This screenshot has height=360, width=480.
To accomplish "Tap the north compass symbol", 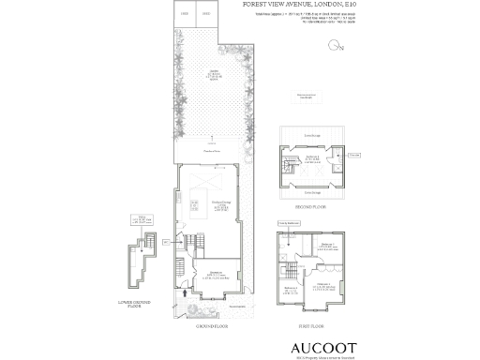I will pos(335,46).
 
